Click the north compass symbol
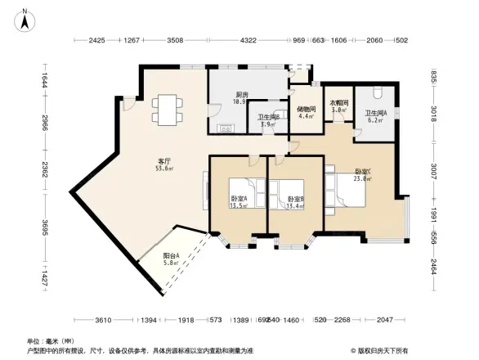tap(24, 18)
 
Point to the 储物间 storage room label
tap(307, 107)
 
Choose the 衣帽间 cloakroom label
tap(339, 103)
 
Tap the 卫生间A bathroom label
tap(376, 113)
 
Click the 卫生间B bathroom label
tap(268, 118)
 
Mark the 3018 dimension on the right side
tap(433, 114)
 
